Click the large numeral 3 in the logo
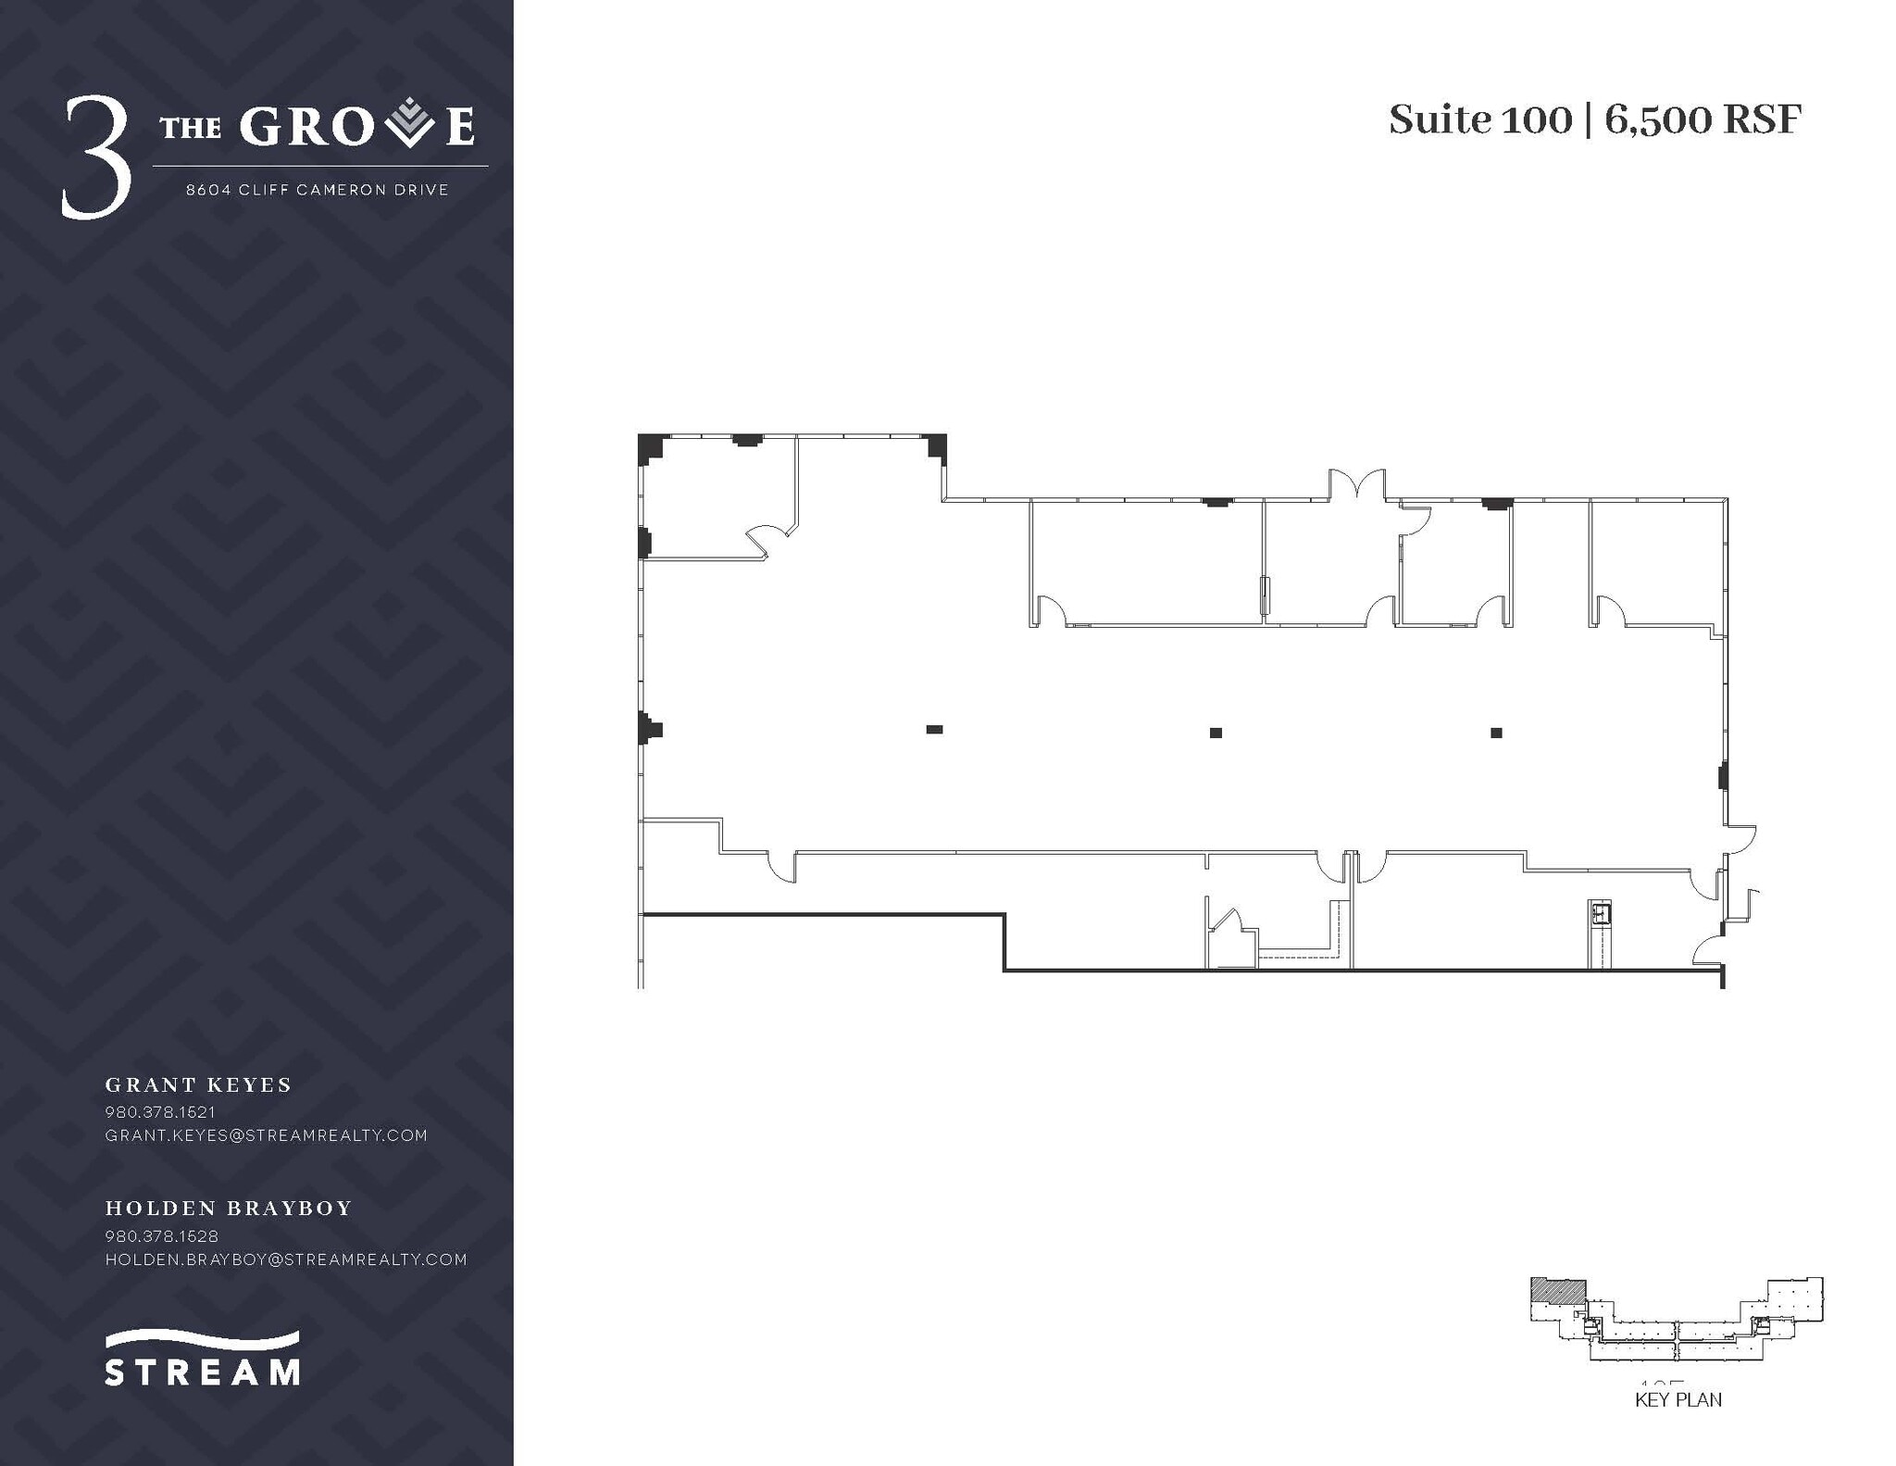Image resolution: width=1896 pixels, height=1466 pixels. pyautogui.click(x=95, y=158)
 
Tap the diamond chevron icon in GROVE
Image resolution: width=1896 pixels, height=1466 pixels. pyautogui.click(x=409, y=125)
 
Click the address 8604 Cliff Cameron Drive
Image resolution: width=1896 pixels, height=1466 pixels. pyautogui.click(x=317, y=190)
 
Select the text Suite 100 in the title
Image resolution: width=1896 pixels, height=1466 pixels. pyautogui.click(x=1479, y=120)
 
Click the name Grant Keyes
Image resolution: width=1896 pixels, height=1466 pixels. pyautogui.click(x=198, y=1084)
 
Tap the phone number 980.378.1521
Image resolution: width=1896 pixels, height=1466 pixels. pyautogui.click(x=160, y=1111)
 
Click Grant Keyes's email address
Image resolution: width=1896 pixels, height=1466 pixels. pyautogui.click(x=266, y=1135)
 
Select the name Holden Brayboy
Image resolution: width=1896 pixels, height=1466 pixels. pyautogui.click(x=229, y=1208)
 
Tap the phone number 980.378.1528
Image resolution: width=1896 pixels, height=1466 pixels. pyautogui.click(x=161, y=1235)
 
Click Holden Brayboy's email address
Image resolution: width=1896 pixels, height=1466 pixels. pyautogui.click(x=285, y=1259)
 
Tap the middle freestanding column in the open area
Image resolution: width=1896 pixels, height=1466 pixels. pyautogui.click(x=1216, y=733)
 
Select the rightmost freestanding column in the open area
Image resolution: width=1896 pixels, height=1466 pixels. pyautogui.click(x=1496, y=733)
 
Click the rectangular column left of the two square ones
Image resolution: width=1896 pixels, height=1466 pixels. pyautogui.click(x=934, y=730)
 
